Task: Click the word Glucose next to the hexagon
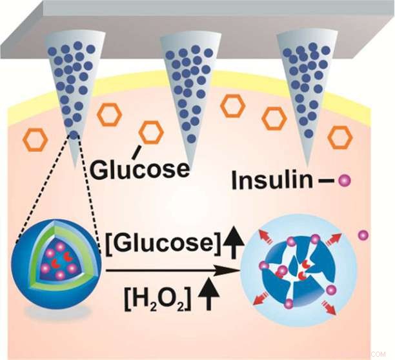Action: tap(139, 168)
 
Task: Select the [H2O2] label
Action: tap(155, 297)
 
